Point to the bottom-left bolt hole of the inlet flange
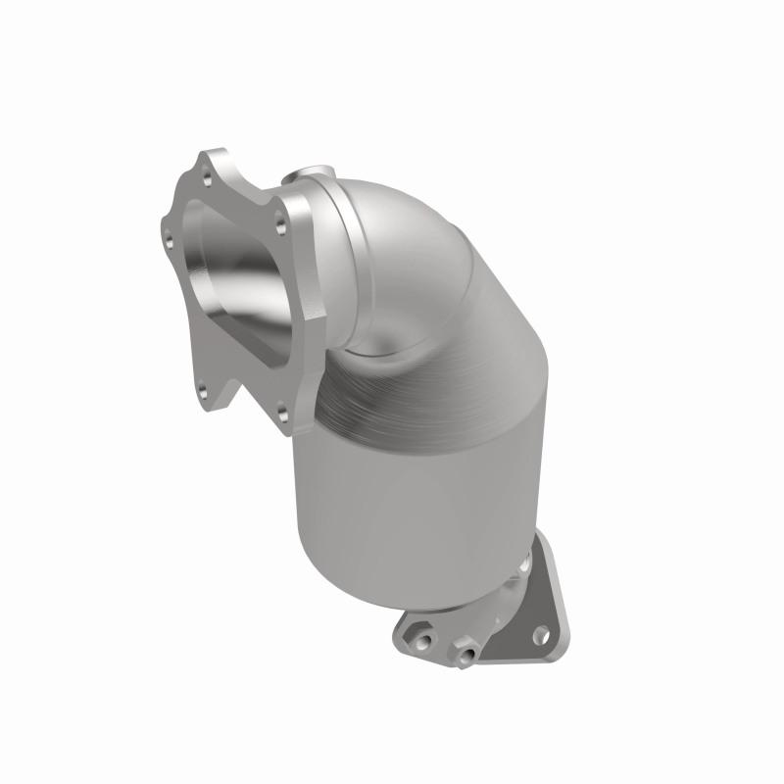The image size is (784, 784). point(201,393)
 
